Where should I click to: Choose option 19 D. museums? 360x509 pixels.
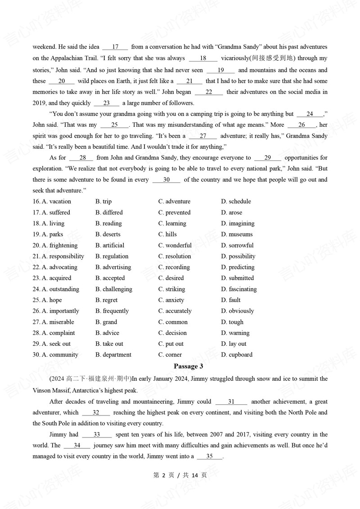click(x=237, y=234)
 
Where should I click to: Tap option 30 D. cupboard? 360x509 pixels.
click(x=237, y=355)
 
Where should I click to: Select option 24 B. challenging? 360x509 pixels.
click(x=114, y=289)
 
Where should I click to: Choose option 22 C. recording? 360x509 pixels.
click(x=174, y=267)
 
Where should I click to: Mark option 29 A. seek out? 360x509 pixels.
click(x=56, y=344)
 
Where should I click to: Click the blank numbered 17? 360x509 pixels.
click(x=115, y=47)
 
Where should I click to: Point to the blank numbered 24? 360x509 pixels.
click(x=310, y=114)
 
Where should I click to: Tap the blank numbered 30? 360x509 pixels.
click(x=166, y=180)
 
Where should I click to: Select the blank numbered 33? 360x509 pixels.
click(x=97, y=435)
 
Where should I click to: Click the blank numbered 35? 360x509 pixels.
click(x=209, y=456)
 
